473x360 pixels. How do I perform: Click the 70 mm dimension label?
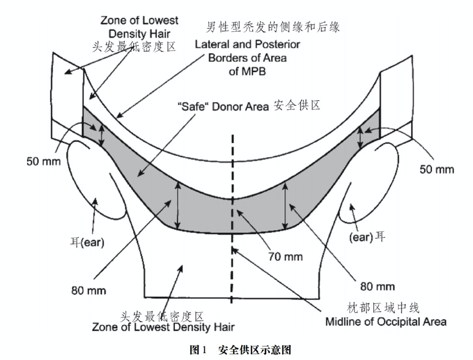pos(286,257)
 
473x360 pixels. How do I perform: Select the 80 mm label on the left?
pos(89,291)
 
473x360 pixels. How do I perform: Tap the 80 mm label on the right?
pos(377,286)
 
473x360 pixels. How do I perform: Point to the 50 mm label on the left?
pos(43,161)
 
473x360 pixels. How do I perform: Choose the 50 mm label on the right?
pos(437,169)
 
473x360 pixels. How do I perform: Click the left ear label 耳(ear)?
pos(88,242)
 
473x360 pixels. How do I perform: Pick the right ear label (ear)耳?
pos(367,237)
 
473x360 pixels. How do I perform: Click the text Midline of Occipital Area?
pos(386,322)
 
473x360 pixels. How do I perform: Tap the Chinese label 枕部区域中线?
pos(383,308)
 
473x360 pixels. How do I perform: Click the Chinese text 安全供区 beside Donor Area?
pos(297,106)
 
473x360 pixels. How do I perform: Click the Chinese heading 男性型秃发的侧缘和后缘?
pos(273,27)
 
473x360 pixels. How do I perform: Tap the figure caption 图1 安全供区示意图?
pos(241,350)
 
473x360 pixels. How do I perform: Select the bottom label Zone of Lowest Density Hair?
pos(163,327)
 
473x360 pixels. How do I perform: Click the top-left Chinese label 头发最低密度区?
pos(134,47)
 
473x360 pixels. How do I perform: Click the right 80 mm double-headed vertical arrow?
pos(284,205)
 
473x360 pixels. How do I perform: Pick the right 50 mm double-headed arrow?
pos(359,137)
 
